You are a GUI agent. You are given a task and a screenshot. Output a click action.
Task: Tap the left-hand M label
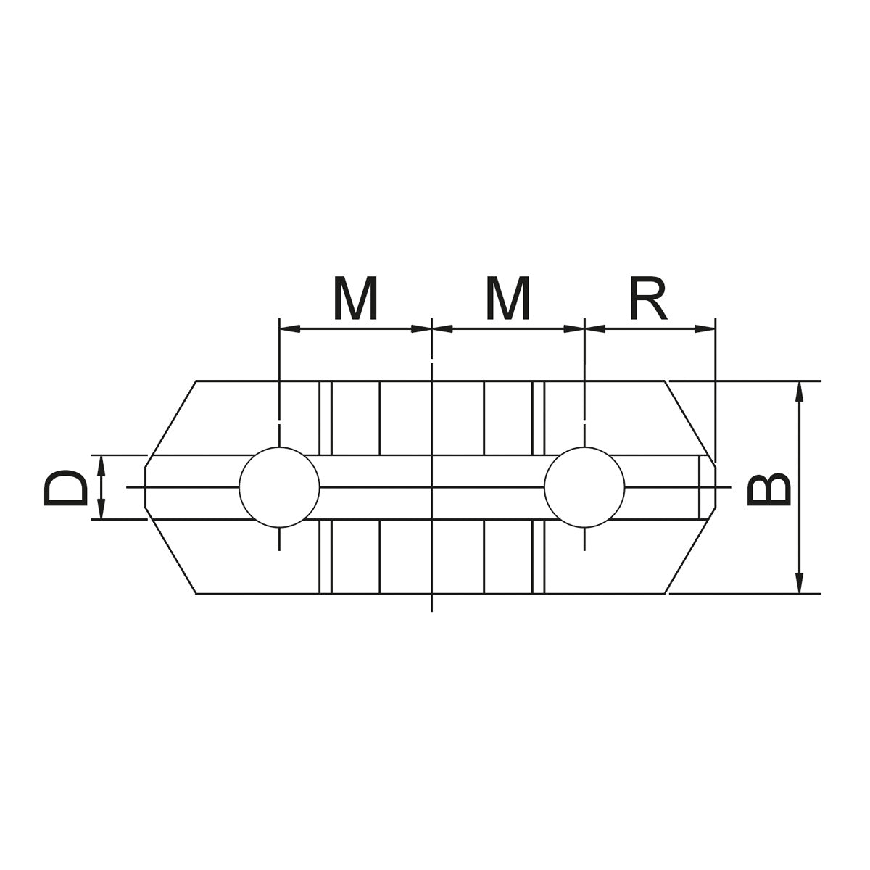[x=355, y=299]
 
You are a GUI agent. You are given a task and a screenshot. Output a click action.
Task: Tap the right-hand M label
[x=507, y=299]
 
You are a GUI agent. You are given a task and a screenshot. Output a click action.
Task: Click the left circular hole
[x=279, y=486]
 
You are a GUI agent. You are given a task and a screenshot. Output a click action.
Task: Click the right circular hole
[x=584, y=486]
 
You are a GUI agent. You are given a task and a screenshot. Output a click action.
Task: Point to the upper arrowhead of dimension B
[x=799, y=391]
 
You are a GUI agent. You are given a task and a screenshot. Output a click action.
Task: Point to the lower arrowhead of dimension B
[x=799, y=583]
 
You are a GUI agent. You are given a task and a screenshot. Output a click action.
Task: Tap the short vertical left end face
[x=146, y=487]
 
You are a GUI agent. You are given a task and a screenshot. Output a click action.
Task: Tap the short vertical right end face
[x=716, y=487]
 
